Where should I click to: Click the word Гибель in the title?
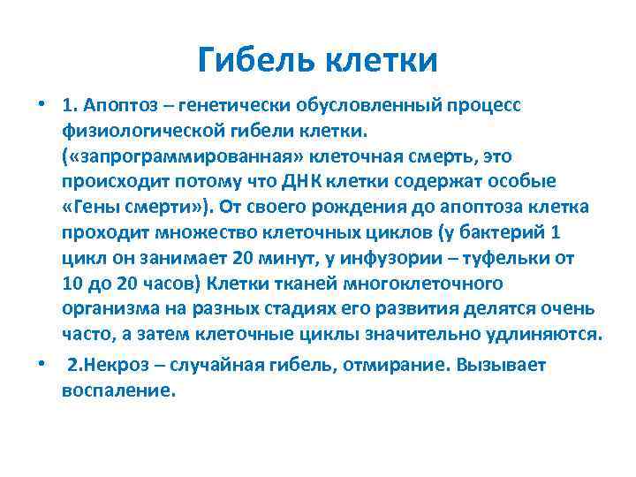(x=257, y=61)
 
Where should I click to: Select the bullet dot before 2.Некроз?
(x=41, y=365)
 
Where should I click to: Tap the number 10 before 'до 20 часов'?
(x=72, y=284)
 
